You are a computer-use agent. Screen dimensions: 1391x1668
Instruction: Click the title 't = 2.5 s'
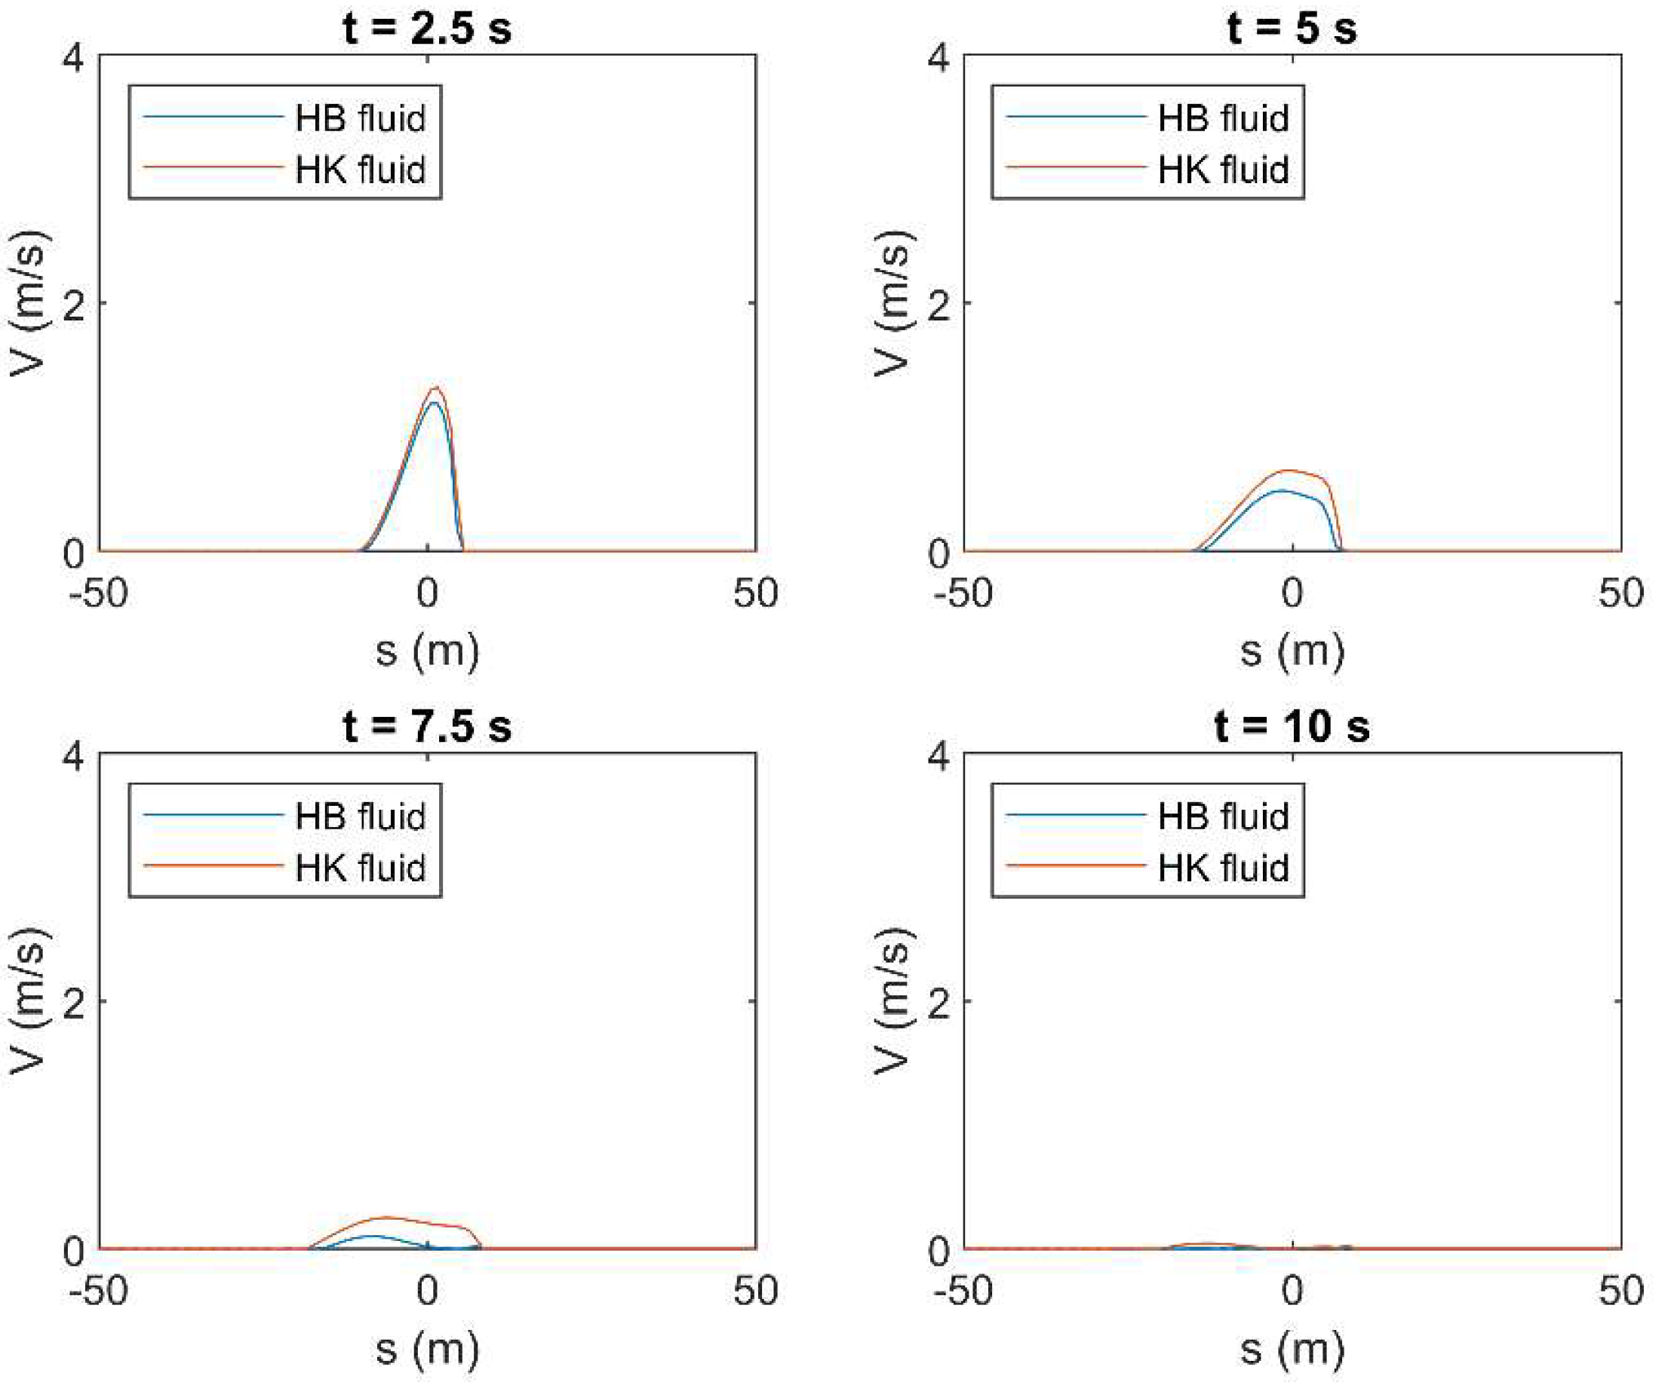pos(426,28)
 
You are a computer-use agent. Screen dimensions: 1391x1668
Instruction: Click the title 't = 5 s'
pos(1292,28)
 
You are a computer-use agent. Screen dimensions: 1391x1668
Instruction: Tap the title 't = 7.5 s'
pos(426,726)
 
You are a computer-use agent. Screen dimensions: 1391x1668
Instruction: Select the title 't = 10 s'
pos(1292,726)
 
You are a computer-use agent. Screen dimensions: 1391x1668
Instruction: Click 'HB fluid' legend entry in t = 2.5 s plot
pos(360,118)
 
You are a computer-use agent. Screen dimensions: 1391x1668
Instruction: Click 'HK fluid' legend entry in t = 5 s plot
pos(1222,169)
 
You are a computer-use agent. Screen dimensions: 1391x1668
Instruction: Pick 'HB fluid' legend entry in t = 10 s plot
pos(1222,816)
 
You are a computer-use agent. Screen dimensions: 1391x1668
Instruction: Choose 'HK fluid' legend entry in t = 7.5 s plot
pos(360,867)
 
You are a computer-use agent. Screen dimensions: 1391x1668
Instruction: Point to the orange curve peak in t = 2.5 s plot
pos(435,388)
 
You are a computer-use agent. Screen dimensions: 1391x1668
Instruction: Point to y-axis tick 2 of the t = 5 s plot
pos(938,305)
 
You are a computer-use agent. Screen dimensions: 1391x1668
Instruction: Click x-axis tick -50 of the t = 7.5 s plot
pos(99,1291)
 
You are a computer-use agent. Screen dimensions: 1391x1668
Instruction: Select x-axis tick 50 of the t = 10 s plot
pos(1620,1291)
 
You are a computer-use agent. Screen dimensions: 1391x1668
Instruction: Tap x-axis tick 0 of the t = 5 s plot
pos(1292,593)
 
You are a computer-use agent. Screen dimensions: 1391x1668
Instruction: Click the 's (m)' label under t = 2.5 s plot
pos(426,651)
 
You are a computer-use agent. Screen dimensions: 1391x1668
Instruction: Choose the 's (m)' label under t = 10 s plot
pos(1292,1349)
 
